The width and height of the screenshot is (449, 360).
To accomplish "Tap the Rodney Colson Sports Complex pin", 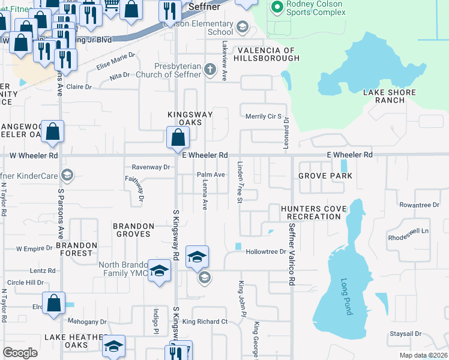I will click(x=277, y=7).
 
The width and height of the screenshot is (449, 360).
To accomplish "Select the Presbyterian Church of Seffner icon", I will click(x=210, y=69).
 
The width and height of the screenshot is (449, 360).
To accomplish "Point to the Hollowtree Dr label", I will click(x=266, y=252).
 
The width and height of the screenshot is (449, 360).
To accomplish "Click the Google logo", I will click(x=20, y=352).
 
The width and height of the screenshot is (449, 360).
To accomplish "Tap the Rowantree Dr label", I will click(x=420, y=205).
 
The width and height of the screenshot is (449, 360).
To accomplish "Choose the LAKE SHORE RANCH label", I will click(x=384, y=96).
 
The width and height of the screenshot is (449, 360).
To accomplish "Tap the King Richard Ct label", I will click(x=205, y=322).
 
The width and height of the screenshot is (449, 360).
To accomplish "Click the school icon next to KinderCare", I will click(x=68, y=175).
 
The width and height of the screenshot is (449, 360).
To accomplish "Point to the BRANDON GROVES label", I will click(x=134, y=230).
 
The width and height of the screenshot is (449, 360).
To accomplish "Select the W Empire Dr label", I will click(x=35, y=248).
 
